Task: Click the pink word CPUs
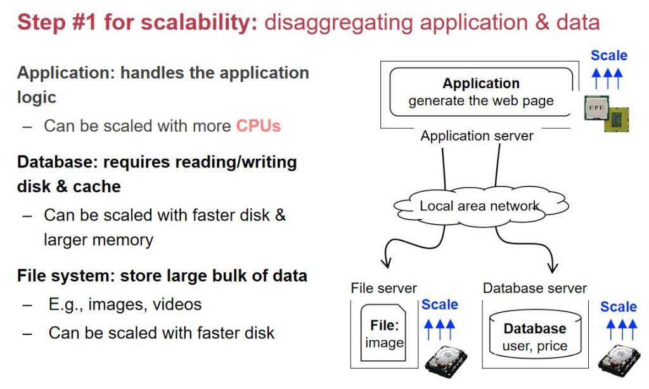point(258,126)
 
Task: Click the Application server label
point(477,136)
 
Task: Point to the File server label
point(383,288)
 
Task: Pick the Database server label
point(535,288)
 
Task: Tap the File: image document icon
point(384,334)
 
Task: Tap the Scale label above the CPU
point(608,56)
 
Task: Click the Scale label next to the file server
point(439,305)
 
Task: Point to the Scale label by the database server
point(618,307)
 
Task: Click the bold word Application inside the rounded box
point(481,84)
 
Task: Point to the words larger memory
point(98,240)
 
